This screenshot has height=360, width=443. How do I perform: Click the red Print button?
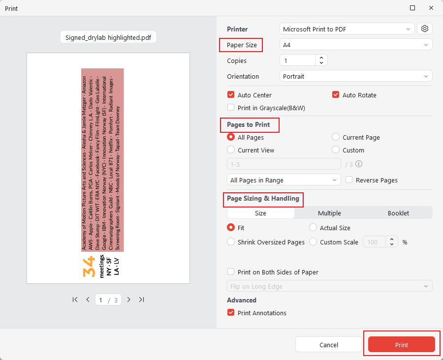pos(401,345)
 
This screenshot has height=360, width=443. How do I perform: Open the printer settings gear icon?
pos(425,29)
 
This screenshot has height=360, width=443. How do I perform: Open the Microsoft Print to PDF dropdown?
pos(347,29)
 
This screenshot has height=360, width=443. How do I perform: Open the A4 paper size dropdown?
pos(356,45)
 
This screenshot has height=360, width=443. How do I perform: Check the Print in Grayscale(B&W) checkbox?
pos(231,108)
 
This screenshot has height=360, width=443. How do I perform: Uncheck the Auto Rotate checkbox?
pos(336,95)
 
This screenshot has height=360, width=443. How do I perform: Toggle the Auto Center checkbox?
pos(231,95)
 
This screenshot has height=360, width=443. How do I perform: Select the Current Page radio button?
pos(336,137)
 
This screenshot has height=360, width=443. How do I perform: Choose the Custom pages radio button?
pos(336,150)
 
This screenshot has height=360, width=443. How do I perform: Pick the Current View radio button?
pos(231,150)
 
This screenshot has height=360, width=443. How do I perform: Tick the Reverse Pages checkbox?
pos(349,180)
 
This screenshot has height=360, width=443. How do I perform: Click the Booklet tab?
pos(398,213)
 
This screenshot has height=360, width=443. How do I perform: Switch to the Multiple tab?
pos(329,213)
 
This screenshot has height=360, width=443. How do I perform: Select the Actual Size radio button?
pos(313,228)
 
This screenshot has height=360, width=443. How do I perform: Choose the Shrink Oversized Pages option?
pos(231,242)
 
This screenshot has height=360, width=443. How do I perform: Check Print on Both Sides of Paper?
pos(231,272)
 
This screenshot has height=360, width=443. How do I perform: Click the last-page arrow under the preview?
pos(141,300)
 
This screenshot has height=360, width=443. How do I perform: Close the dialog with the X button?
pos(431,8)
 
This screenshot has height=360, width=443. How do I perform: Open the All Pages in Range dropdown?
pos(284,180)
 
